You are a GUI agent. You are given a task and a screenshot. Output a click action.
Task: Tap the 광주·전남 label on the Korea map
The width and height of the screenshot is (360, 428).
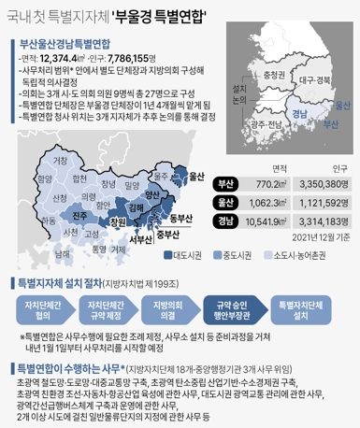pos(269,125)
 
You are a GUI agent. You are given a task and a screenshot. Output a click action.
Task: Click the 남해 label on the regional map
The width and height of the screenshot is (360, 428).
pos(62,252)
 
